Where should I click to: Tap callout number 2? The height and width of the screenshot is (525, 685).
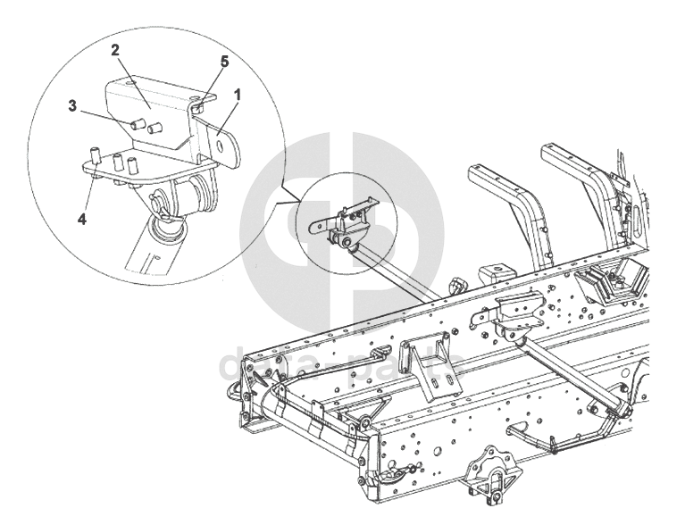tap(116, 51)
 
